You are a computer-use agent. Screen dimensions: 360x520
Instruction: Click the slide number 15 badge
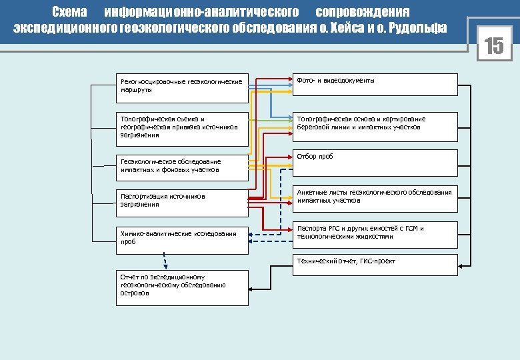point(493,47)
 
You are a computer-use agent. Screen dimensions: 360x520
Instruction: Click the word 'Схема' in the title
point(69,13)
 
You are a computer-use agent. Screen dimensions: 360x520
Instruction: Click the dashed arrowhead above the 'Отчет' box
point(162,265)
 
